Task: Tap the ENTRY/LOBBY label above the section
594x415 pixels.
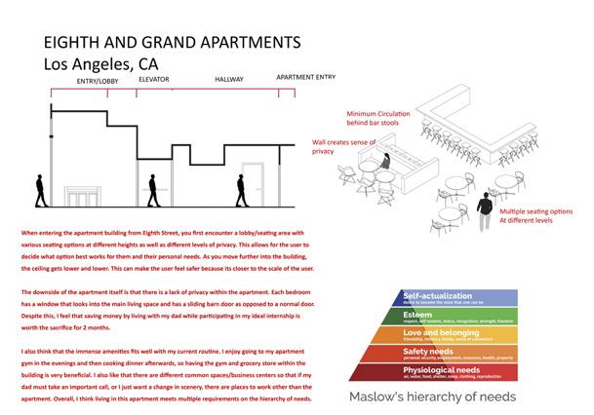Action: [98, 82]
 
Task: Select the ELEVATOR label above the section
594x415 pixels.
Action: [154, 78]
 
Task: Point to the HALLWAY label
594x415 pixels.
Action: [231, 78]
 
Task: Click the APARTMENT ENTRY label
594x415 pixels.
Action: [307, 77]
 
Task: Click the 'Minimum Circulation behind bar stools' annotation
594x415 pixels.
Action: [380, 119]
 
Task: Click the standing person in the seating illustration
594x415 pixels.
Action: [485, 209]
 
